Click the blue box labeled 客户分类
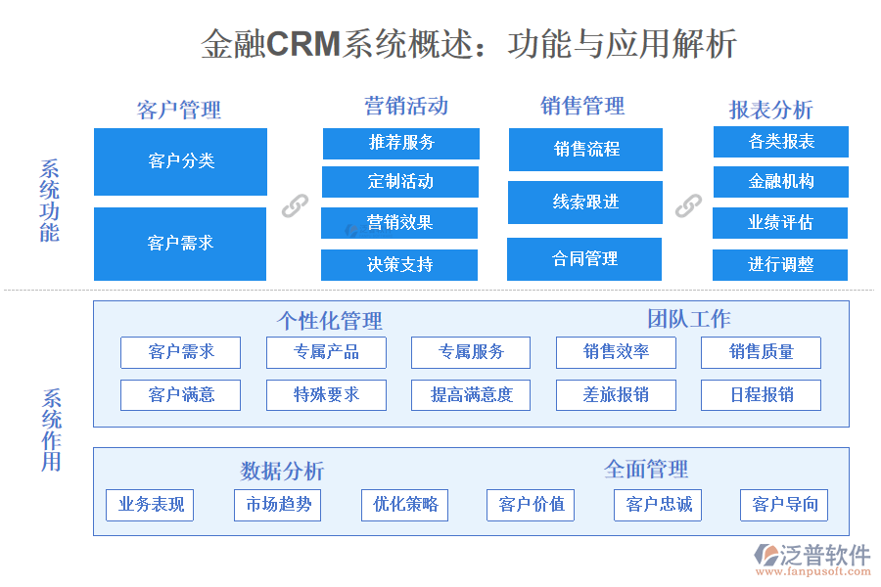point(180,161)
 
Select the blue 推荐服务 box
point(401,143)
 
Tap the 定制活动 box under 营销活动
point(400,182)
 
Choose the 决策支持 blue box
point(399,264)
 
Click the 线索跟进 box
point(585,203)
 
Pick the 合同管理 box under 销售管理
point(584,259)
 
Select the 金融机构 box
point(780,182)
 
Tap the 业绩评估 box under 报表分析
point(780,223)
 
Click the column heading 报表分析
point(770,110)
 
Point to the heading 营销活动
point(406,106)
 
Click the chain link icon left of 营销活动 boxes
point(295,205)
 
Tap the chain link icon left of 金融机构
point(688,204)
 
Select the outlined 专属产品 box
point(326,352)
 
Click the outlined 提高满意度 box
point(471,395)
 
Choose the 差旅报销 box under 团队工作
point(616,395)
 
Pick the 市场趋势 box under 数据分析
point(278,505)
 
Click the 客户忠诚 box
point(658,505)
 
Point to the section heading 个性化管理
point(329,321)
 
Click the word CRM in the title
point(303,44)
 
